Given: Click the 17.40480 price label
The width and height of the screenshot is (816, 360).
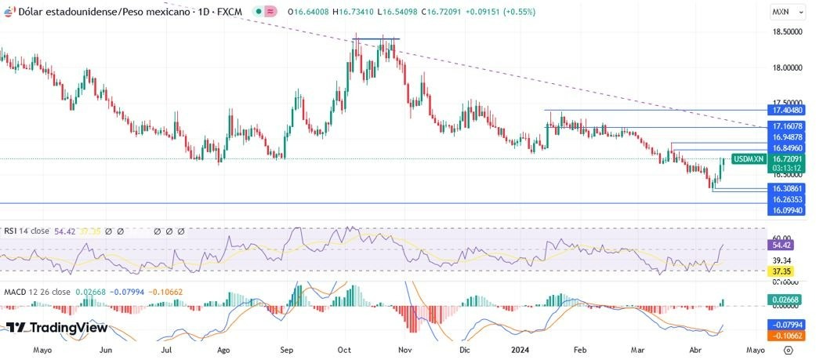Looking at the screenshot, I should [787, 111].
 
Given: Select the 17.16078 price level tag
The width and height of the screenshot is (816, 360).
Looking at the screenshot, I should [787, 126].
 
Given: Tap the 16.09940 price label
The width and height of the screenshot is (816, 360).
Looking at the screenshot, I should [787, 211].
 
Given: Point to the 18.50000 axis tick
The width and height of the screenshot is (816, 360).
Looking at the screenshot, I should [787, 31].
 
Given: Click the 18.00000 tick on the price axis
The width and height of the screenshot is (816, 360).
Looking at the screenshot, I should [787, 67].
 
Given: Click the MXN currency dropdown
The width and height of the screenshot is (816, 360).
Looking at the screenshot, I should [789, 12].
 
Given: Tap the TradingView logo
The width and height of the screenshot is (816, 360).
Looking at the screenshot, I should [56, 328].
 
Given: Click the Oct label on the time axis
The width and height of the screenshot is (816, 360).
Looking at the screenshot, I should [345, 351].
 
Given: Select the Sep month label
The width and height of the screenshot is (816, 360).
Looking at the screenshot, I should [286, 351].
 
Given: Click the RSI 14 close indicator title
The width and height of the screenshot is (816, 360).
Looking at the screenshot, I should [26, 231].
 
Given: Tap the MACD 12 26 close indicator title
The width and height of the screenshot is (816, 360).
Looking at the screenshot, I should [37, 292].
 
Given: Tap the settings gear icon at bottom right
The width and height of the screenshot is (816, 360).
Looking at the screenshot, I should [788, 351].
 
